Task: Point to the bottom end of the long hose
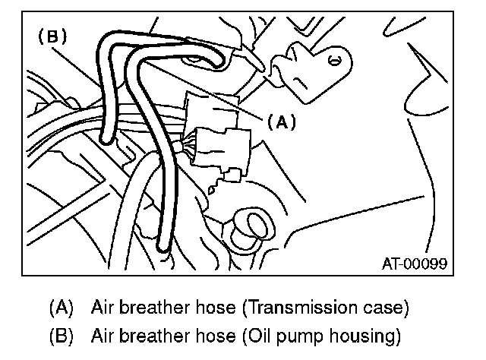(162, 246)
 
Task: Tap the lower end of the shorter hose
(107, 137)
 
